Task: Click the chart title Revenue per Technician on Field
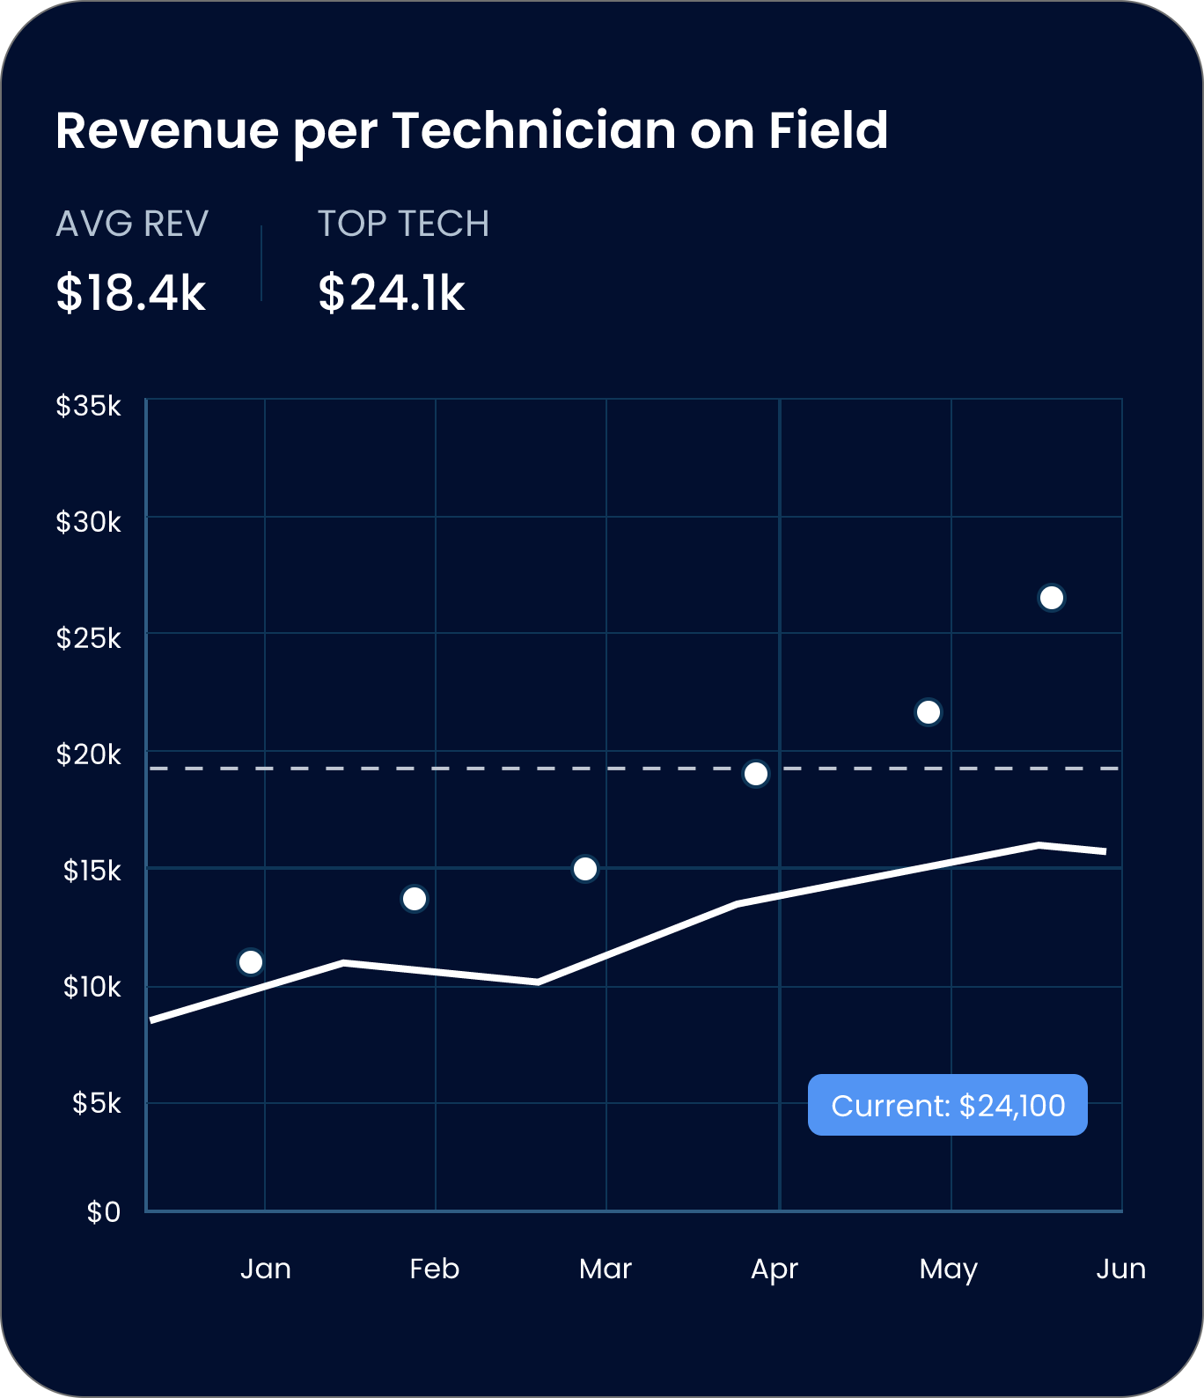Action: [x=472, y=131]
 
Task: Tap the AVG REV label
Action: [x=132, y=224]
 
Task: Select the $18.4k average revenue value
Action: [x=130, y=293]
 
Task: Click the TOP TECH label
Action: [x=403, y=224]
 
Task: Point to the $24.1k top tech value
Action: [x=391, y=293]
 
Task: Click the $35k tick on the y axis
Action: [x=89, y=406]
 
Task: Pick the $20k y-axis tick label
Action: [x=89, y=754]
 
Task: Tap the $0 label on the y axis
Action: [x=104, y=1212]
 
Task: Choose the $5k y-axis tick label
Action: [x=97, y=1102]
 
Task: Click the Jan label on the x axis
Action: [x=265, y=1269]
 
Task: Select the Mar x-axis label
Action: [x=606, y=1269]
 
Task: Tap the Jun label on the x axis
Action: [x=1120, y=1269]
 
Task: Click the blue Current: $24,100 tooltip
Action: [x=948, y=1105]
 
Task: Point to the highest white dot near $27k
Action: [x=1052, y=598]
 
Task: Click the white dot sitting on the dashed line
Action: [x=756, y=774]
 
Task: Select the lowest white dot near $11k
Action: [x=251, y=962]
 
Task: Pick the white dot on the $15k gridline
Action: [x=585, y=869]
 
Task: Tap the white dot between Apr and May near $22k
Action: [x=929, y=711]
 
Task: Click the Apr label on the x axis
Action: [x=775, y=1269]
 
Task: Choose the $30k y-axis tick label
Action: [x=89, y=522]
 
